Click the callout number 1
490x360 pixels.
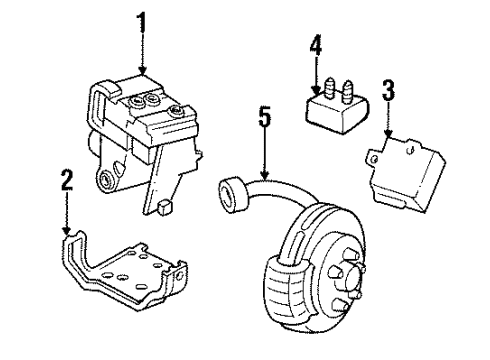[x=142, y=20]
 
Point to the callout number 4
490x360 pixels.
[x=316, y=46]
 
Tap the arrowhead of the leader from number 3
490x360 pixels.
[x=390, y=136]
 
